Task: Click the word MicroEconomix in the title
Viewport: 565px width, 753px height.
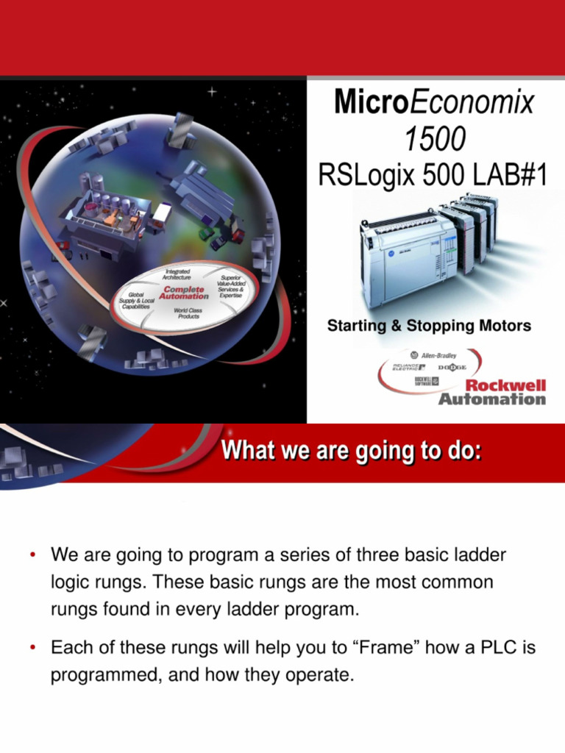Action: pos(434,102)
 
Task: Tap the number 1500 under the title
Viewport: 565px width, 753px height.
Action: pos(434,139)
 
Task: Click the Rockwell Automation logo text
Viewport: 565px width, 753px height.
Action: pos(492,393)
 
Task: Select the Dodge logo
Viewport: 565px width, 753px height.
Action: pos(452,367)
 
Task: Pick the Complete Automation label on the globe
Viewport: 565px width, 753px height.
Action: pos(184,293)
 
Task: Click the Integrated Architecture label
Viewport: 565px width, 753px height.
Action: pos(177,275)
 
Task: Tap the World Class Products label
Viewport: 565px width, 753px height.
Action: pos(189,313)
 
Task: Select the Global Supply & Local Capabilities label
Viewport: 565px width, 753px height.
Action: pos(137,301)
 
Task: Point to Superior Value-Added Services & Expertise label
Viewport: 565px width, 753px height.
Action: pos(230,286)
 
